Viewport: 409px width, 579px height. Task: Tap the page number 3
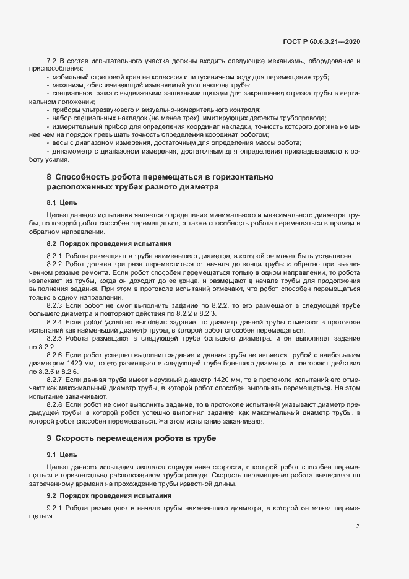click(358, 527)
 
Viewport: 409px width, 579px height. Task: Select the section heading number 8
click(49, 177)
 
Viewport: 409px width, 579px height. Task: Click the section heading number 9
click(49, 438)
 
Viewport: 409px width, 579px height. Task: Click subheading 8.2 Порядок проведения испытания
click(104, 243)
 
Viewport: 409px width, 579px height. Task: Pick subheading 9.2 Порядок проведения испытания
click(104, 496)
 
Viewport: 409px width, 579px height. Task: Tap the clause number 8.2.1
click(55, 255)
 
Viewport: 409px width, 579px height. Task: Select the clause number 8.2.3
click(55, 305)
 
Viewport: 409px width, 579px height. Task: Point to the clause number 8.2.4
click(55, 322)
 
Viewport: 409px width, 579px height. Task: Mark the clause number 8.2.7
click(55, 380)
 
